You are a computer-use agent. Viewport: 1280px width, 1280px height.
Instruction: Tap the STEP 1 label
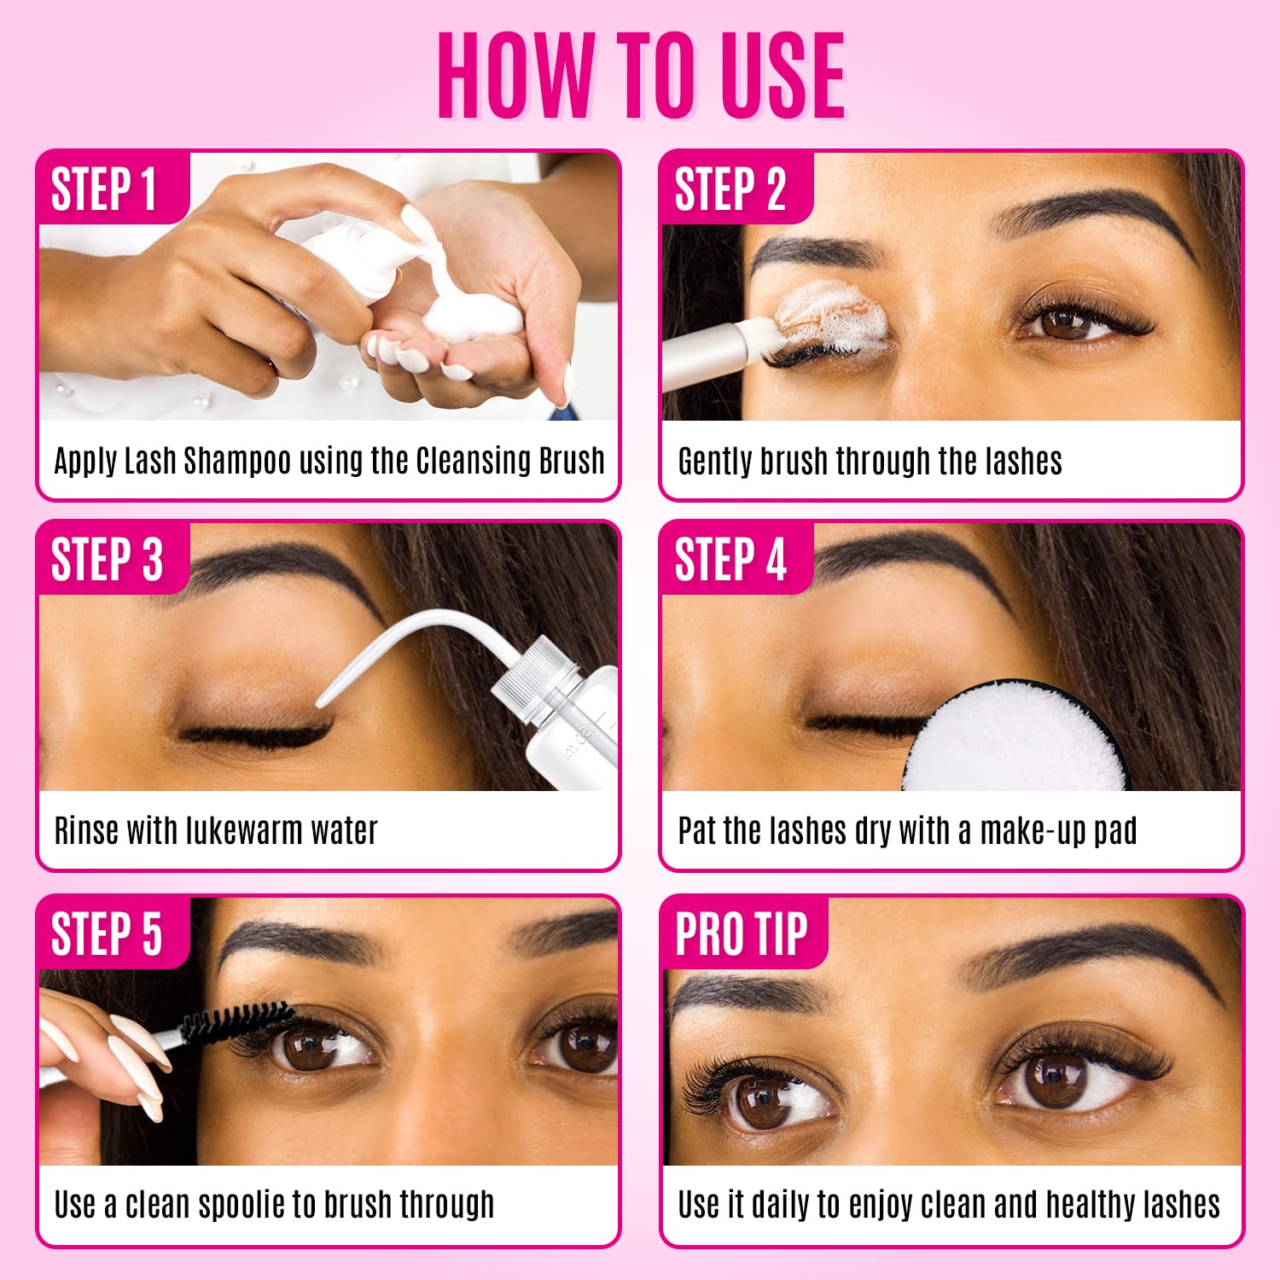tap(104, 189)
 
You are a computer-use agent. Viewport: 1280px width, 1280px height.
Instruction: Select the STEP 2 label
tap(730, 189)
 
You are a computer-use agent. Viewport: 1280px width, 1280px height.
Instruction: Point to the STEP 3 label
tap(107, 560)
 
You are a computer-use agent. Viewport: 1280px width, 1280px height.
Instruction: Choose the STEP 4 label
tap(730, 560)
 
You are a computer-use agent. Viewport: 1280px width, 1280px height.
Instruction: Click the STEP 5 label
tap(107, 934)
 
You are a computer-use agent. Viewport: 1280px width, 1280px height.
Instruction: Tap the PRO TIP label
tap(741, 934)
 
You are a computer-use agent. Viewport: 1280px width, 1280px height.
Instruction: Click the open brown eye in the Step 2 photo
tap(1067, 323)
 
